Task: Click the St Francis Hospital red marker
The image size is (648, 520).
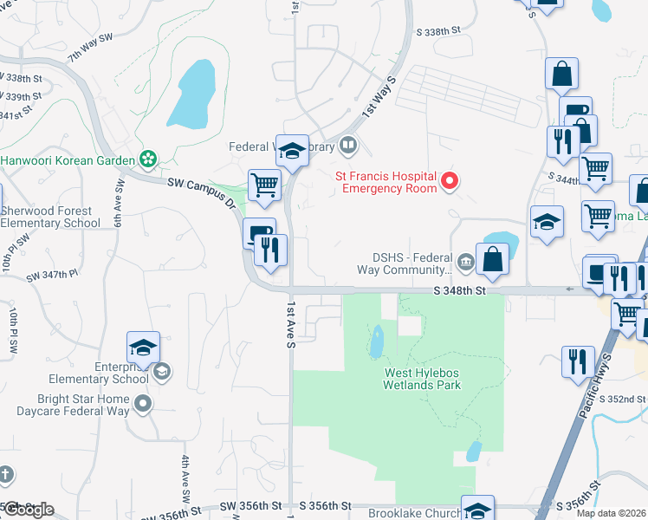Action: point(450,181)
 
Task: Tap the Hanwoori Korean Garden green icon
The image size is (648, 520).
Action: point(148,159)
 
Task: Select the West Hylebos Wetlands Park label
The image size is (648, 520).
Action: point(423,379)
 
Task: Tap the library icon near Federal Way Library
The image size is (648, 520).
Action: point(347,145)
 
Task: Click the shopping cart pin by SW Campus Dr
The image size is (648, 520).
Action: point(265,185)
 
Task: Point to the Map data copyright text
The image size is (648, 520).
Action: point(610,513)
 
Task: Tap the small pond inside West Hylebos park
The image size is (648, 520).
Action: point(377,341)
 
